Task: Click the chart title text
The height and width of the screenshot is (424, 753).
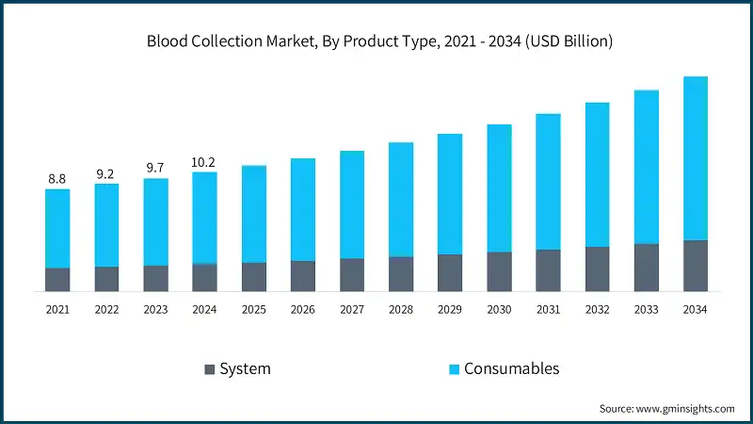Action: point(376,41)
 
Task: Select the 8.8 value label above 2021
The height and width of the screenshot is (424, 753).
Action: point(57,178)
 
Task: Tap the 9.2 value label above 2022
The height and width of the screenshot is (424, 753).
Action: point(106,173)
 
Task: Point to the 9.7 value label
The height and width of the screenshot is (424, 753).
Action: point(155,168)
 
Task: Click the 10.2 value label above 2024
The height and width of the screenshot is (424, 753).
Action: point(204,161)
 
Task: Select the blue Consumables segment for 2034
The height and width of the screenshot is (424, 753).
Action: point(695,158)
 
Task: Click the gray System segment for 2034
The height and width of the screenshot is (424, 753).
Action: point(695,266)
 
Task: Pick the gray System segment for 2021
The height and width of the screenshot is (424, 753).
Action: point(57,280)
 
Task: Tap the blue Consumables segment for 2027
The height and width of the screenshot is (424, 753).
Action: point(352,204)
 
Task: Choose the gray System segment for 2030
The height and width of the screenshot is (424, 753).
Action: point(499,271)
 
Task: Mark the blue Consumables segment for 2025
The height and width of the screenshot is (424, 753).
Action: point(254,214)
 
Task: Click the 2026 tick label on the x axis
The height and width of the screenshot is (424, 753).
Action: point(303,308)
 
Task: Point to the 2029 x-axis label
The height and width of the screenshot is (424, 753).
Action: point(450,308)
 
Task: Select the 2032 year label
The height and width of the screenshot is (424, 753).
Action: point(597,308)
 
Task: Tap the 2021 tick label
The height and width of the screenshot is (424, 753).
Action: point(57,308)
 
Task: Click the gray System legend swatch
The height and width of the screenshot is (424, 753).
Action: point(208,368)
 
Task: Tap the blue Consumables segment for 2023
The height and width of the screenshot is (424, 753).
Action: point(155,221)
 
